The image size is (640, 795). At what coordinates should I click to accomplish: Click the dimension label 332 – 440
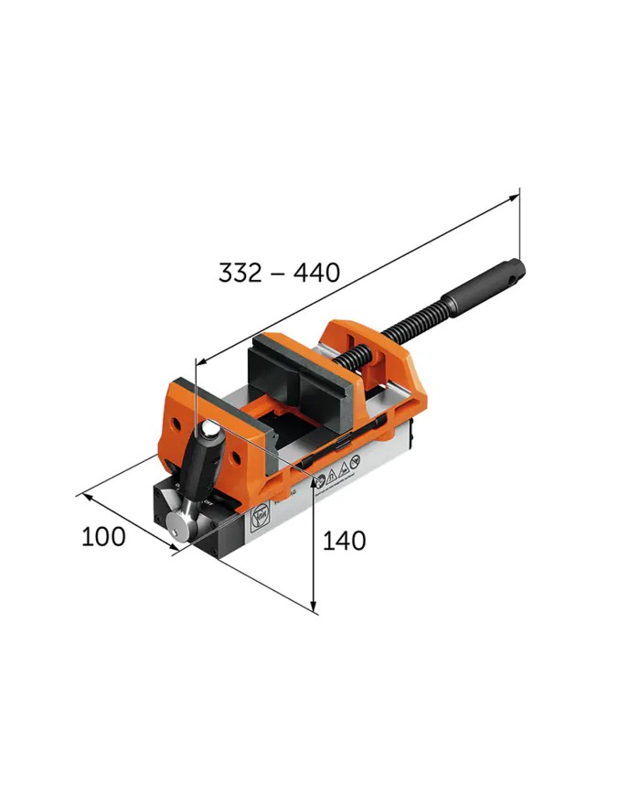[x=279, y=272]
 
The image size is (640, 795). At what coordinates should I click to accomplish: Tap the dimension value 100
[x=103, y=536]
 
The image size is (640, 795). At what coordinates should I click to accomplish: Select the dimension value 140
[x=344, y=541]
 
